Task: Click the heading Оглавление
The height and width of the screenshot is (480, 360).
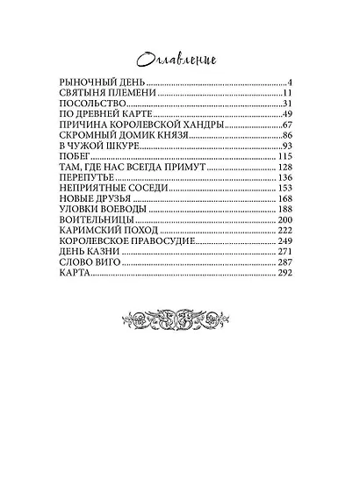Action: click(x=180, y=58)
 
